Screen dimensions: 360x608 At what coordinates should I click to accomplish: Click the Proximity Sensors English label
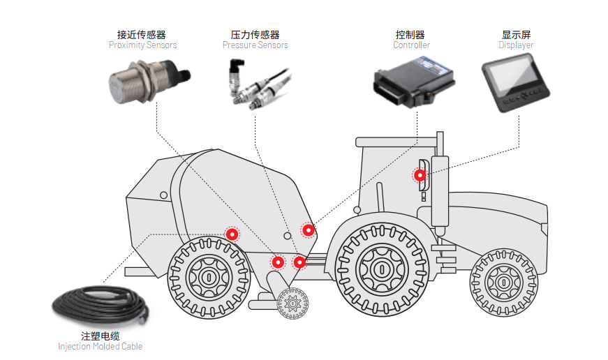[142, 45]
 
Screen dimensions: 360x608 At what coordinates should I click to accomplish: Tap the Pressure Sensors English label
[255, 45]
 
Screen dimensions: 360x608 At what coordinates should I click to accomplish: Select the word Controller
[411, 45]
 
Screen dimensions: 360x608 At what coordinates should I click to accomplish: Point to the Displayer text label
[516, 45]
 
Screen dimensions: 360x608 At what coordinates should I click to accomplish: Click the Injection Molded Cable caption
[100, 347]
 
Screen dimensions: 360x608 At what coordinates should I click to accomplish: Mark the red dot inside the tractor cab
[420, 175]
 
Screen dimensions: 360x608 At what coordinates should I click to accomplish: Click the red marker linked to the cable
[231, 235]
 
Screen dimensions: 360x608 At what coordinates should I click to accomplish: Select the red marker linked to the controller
[307, 230]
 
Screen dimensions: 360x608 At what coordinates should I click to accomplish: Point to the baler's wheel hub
[207, 276]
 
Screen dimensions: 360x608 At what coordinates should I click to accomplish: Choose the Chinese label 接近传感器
[142, 34]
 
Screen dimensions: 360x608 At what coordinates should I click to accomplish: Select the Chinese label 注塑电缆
[100, 336]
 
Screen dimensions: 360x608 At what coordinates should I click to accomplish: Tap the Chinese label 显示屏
[516, 34]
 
